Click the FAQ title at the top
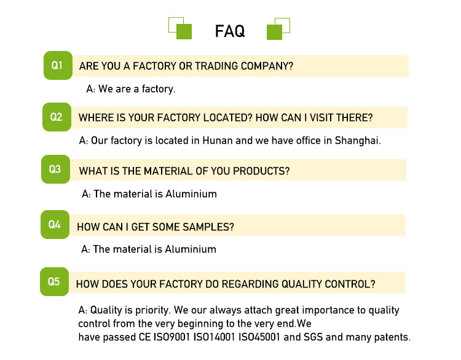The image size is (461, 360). pyautogui.click(x=230, y=31)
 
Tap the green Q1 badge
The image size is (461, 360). pyautogui.click(x=57, y=65)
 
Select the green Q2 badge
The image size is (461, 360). pyautogui.click(x=56, y=117)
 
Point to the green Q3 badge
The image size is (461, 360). pyautogui.click(x=55, y=169)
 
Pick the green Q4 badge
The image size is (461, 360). pyautogui.click(x=55, y=225)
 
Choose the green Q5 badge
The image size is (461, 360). pyautogui.click(x=54, y=282)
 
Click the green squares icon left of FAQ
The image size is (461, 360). pyautogui.click(x=180, y=28)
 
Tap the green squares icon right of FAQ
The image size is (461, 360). pyautogui.click(x=278, y=28)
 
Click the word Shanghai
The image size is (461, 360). pyautogui.click(x=357, y=141)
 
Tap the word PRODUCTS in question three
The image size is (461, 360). pyautogui.click(x=262, y=171)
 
